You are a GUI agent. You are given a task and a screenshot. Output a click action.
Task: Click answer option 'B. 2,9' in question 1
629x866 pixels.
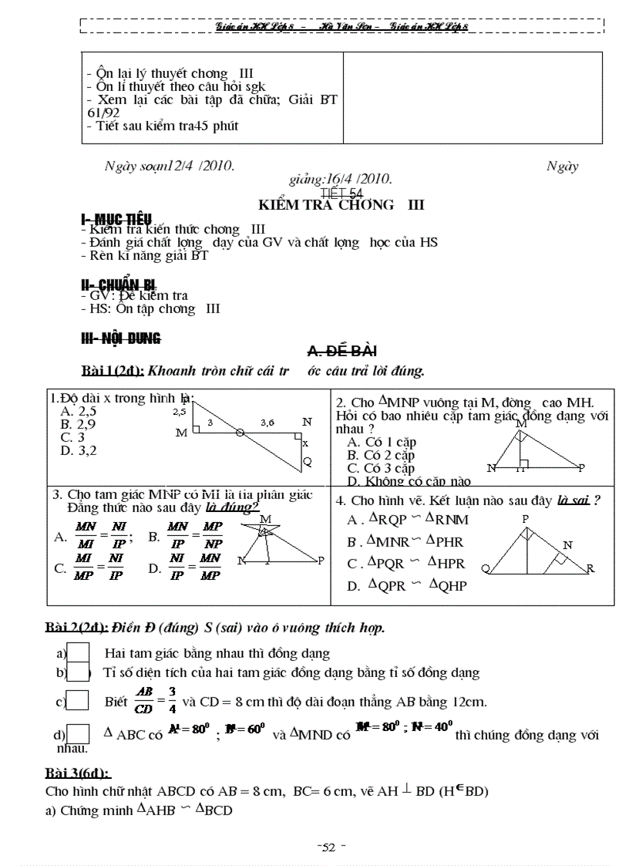(78, 423)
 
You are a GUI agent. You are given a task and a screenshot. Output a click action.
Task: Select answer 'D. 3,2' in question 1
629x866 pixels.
(78, 450)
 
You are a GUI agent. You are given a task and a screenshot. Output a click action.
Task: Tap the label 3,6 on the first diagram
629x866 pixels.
(267, 423)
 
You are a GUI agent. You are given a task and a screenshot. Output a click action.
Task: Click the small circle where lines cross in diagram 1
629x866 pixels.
(240, 433)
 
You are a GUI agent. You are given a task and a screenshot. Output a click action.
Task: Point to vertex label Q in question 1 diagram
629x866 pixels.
(307, 461)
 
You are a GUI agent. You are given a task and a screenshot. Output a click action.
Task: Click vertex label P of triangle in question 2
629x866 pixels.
(582, 468)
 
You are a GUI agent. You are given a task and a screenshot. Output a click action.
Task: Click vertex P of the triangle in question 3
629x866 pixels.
(321, 561)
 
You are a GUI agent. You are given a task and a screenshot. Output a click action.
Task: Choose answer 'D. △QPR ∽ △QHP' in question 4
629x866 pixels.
(407, 586)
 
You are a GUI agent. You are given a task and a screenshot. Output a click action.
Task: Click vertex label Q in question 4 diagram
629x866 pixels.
(485, 569)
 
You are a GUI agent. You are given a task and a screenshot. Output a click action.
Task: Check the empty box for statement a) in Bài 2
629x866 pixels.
(79, 652)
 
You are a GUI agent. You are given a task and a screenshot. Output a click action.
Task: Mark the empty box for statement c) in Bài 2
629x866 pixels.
(78, 702)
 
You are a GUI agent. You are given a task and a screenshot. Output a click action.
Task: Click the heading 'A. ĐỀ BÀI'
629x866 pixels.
(341, 352)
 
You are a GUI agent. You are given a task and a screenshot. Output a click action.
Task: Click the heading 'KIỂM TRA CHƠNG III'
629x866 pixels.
(341, 205)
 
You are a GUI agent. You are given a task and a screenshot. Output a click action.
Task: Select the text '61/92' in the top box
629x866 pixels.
(104, 113)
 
